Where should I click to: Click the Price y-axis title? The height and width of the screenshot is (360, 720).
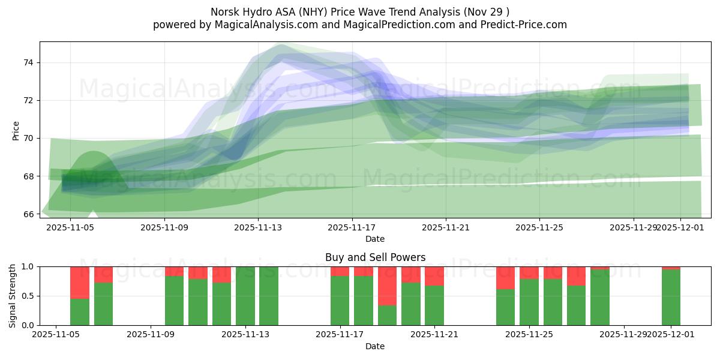click(x=16, y=131)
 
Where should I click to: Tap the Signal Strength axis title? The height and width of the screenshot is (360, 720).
click(x=13, y=296)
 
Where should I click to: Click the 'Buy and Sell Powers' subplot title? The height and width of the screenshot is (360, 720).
click(x=375, y=257)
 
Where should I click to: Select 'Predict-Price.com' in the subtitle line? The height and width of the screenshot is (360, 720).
click(x=521, y=25)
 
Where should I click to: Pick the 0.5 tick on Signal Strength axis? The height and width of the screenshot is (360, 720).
click(x=28, y=296)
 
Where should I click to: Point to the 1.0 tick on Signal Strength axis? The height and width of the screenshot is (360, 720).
click(x=28, y=266)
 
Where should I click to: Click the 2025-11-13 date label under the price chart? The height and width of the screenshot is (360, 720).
click(x=257, y=227)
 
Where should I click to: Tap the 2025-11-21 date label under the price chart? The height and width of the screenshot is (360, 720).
click(x=445, y=227)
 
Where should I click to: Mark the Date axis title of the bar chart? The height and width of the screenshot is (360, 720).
click(x=375, y=346)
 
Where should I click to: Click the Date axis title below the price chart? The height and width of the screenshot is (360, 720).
click(x=375, y=239)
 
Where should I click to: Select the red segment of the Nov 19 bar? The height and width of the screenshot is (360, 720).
click(x=387, y=286)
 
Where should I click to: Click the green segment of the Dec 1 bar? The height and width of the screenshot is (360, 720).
click(x=671, y=297)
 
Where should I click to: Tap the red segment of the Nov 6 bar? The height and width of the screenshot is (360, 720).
click(x=80, y=282)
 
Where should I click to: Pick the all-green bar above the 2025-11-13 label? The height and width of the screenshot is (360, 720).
click(x=245, y=296)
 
